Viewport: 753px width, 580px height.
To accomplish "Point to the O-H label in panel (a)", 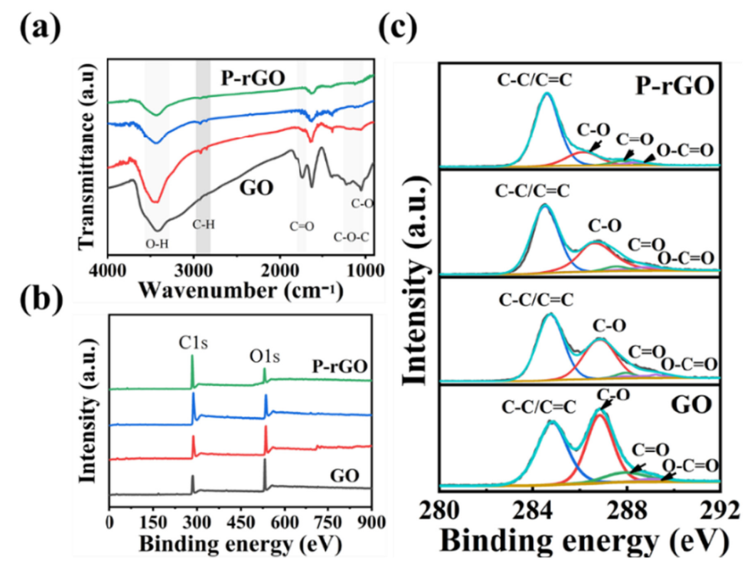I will pos(157,245).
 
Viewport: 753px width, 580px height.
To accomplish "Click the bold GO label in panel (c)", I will pos(689,407).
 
